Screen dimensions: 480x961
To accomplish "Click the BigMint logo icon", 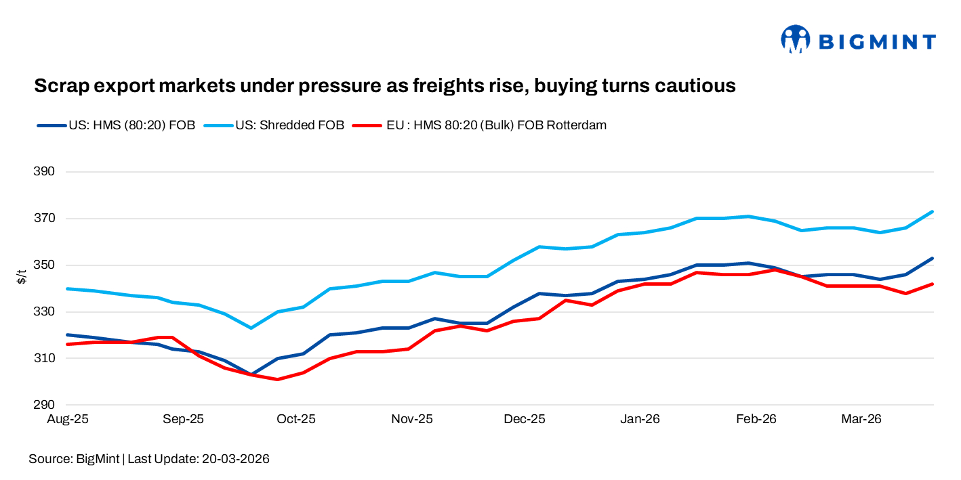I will [x=795, y=40].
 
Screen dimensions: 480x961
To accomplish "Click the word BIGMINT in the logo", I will [x=878, y=42].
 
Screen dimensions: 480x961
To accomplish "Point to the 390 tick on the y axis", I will [x=44, y=172].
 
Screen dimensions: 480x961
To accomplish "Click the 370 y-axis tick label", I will [x=44, y=219].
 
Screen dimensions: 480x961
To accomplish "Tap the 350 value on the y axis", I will [x=44, y=265].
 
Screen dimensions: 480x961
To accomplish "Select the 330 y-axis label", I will [x=44, y=312].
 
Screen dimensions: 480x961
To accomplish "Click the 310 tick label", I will [x=44, y=359].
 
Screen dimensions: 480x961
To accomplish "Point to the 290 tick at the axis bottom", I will [x=44, y=406].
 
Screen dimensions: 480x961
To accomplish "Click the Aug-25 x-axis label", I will [x=67, y=420].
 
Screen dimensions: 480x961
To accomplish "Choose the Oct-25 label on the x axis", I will [x=296, y=420].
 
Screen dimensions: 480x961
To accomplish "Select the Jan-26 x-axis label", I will [x=640, y=420].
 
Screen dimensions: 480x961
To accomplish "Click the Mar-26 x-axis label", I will [x=861, y=420].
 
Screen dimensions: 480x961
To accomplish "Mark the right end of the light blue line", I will [x=933, y=212].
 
